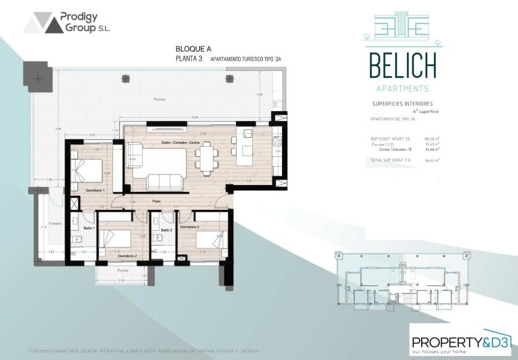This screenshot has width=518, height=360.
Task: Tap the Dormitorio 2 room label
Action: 127,256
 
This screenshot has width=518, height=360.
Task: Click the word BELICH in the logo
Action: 402,65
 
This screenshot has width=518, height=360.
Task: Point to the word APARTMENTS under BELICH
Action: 402,88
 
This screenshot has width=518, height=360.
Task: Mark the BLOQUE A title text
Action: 193,49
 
